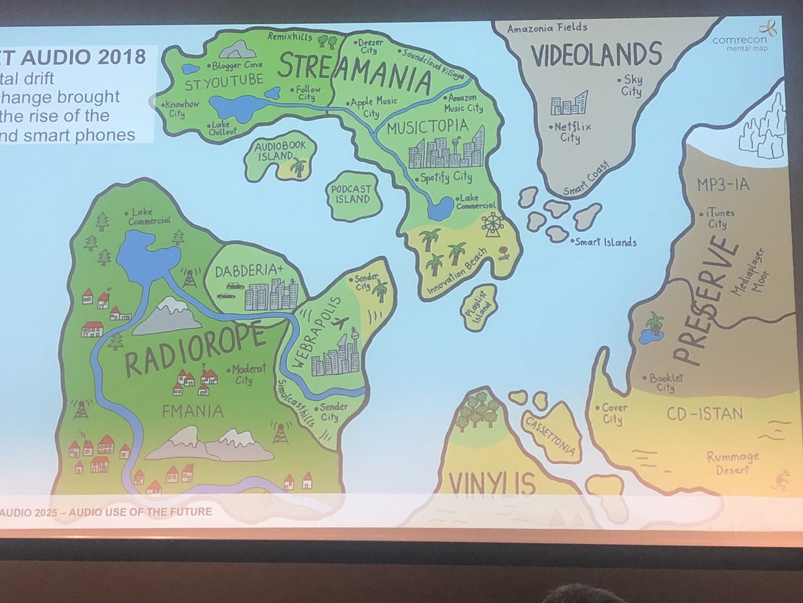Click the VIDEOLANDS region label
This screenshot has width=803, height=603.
[598, 54]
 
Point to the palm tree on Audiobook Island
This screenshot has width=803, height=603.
[298, 166]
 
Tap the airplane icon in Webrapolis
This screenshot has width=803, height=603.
[339, 323]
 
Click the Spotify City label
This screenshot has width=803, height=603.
[445, 178]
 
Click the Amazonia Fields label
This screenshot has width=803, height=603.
[547, 28]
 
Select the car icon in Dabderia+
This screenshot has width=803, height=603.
[235, 286]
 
